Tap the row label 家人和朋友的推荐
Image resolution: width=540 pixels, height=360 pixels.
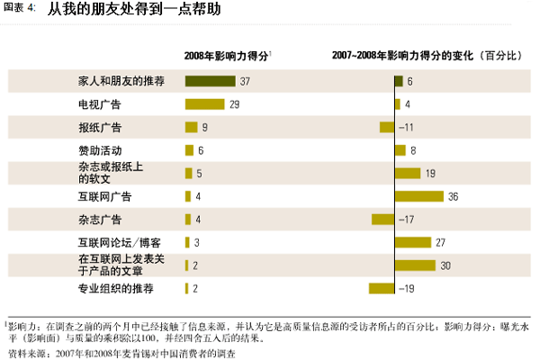click(x=121, y=81)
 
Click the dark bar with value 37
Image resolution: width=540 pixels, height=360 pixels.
click(x=210, y=81)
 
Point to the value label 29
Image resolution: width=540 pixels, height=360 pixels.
click(x=234, y=104)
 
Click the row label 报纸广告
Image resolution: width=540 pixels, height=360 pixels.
click(x=101, y=127)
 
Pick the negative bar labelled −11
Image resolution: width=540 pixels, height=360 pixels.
click(x=387, y=127)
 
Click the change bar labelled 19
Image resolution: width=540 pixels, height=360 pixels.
click(x=408, y=173)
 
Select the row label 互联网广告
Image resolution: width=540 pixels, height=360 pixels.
click(x=105, y=196)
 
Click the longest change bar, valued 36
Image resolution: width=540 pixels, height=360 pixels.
click(x=419, y=196)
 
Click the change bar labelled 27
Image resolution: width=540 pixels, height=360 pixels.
click(x=413, y=242)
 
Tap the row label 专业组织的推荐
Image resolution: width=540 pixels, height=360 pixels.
click(x=116, y=288)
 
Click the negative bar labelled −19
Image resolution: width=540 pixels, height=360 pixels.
click(x=382, y=288)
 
